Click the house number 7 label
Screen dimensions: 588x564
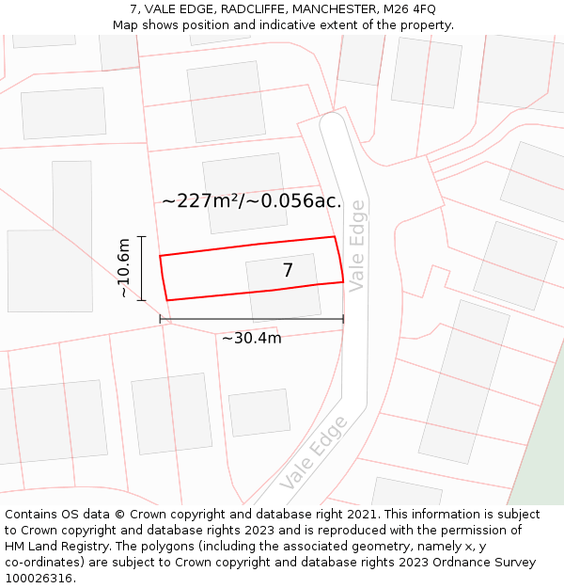pos(288,271)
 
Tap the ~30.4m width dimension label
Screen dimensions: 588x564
pos(251,339)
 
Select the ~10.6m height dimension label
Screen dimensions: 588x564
pos(123,268)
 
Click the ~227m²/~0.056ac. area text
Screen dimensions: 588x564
pos(251,201)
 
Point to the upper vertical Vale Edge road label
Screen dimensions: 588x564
pos(356,246)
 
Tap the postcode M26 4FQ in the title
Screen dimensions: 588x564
pos(410,9)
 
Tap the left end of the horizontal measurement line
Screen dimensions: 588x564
pos(161,320)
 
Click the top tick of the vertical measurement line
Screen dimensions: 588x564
pos(142,237)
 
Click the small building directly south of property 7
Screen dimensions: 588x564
pos(259,412)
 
